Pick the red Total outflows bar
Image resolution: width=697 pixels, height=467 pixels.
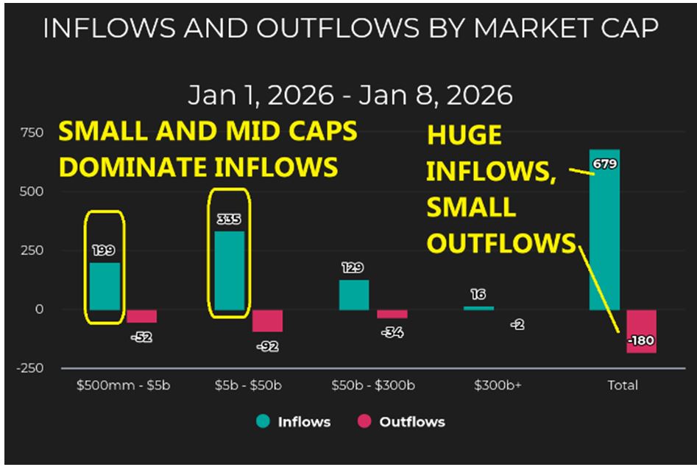pos(641,331)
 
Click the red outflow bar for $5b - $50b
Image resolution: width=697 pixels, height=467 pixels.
pos(267,320)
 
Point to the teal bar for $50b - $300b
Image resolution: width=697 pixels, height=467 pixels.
pos(354,295)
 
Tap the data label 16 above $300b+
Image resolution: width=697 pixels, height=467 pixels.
pos(478,295)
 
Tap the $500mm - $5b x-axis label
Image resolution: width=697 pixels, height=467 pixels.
pos(123,385)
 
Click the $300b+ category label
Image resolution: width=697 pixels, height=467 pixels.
pos(498,385)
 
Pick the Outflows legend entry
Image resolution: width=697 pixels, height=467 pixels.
pos(402,422)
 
